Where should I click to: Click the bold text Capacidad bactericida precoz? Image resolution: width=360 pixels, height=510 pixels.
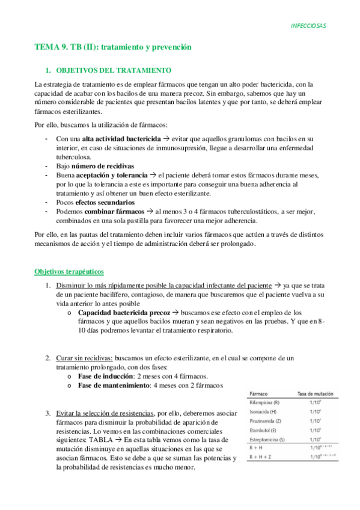point(124,313)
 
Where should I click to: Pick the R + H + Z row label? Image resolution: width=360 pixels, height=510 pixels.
point(261,457)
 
